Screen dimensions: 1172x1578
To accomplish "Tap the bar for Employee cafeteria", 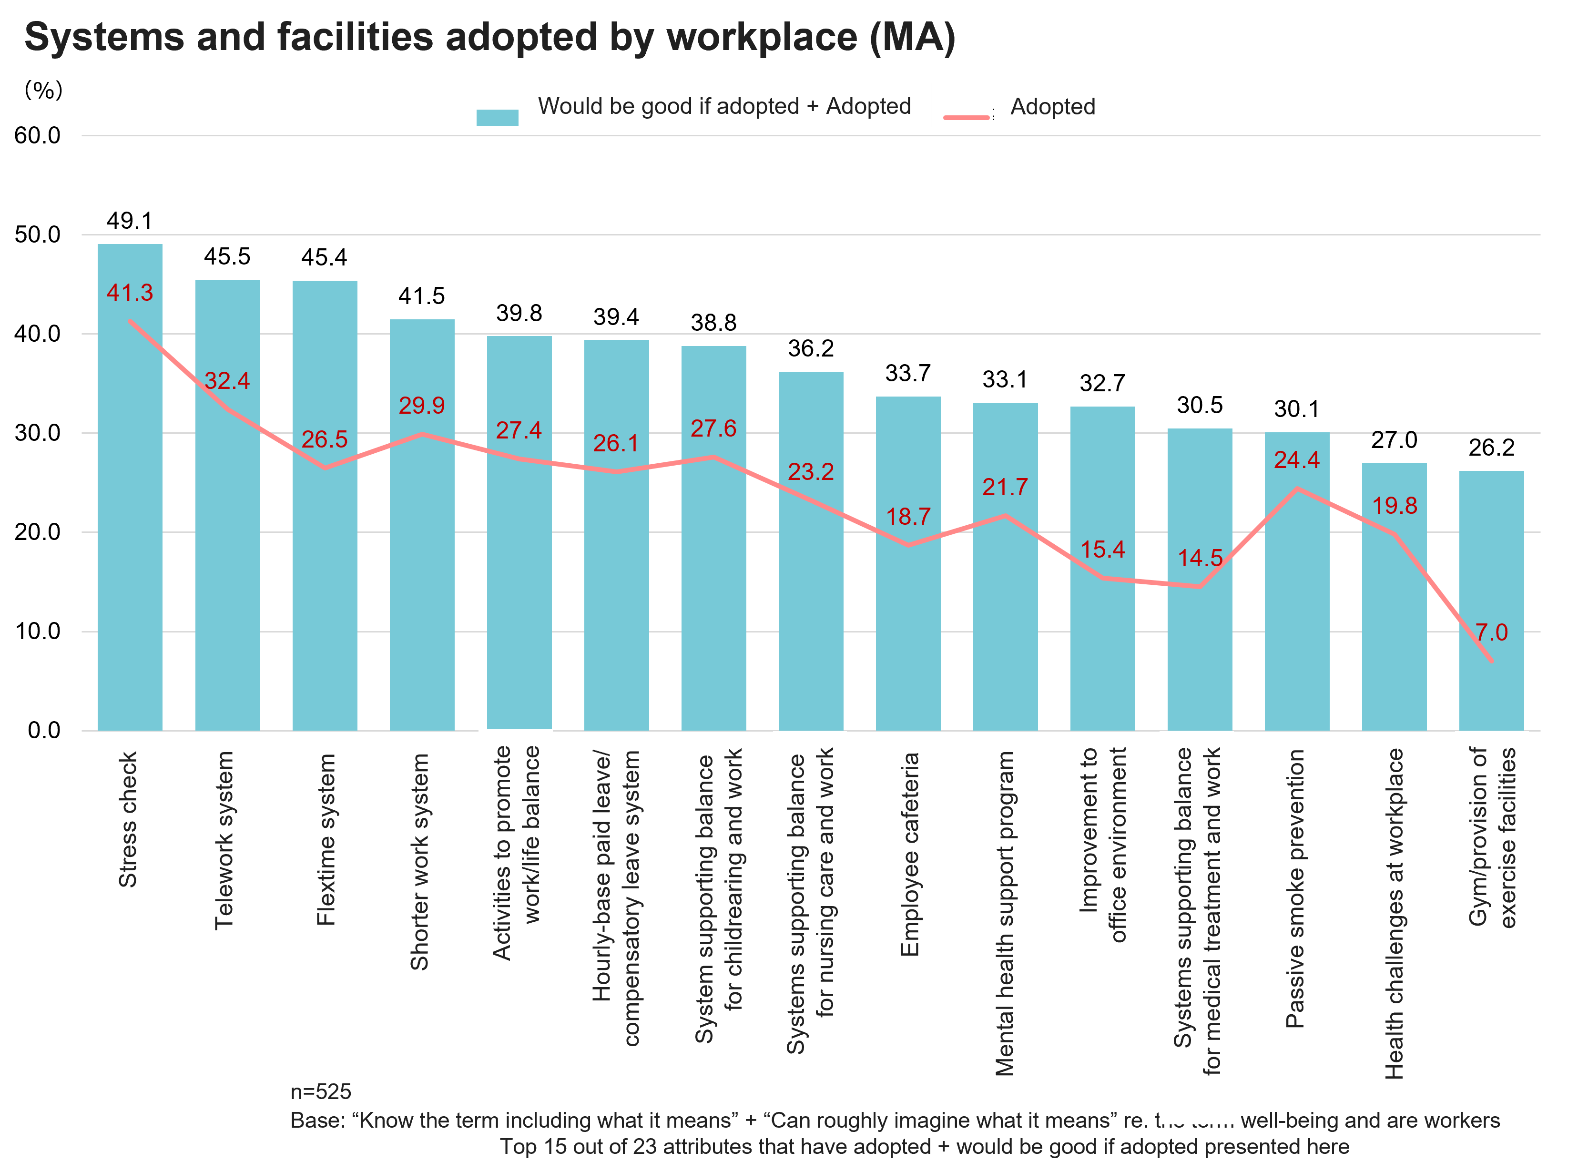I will click(x=908, y=624).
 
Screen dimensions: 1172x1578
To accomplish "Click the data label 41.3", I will click(x=130, y=292).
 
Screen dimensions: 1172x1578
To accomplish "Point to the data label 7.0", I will click(x=1491, y=632).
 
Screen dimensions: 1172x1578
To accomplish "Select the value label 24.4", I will click(x=1296, y=460).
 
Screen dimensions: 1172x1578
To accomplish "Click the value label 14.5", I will click(x=1200, y=558).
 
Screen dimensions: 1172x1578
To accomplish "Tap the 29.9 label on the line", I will click(x=421, y=405).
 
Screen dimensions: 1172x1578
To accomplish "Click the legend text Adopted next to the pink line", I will click(x=1052, y=106).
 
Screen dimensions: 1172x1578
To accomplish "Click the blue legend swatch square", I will click(x=497, y=117).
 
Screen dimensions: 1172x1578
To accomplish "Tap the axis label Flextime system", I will click(x=326, y=839).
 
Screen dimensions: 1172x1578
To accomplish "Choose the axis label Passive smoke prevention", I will click(x=1295, y=889).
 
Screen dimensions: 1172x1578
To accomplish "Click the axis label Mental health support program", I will click(x=1004, y=914).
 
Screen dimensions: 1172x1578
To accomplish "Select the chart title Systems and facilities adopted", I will click(x=489, y=37).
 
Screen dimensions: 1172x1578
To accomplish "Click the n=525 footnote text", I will click(x=321, y=1091).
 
